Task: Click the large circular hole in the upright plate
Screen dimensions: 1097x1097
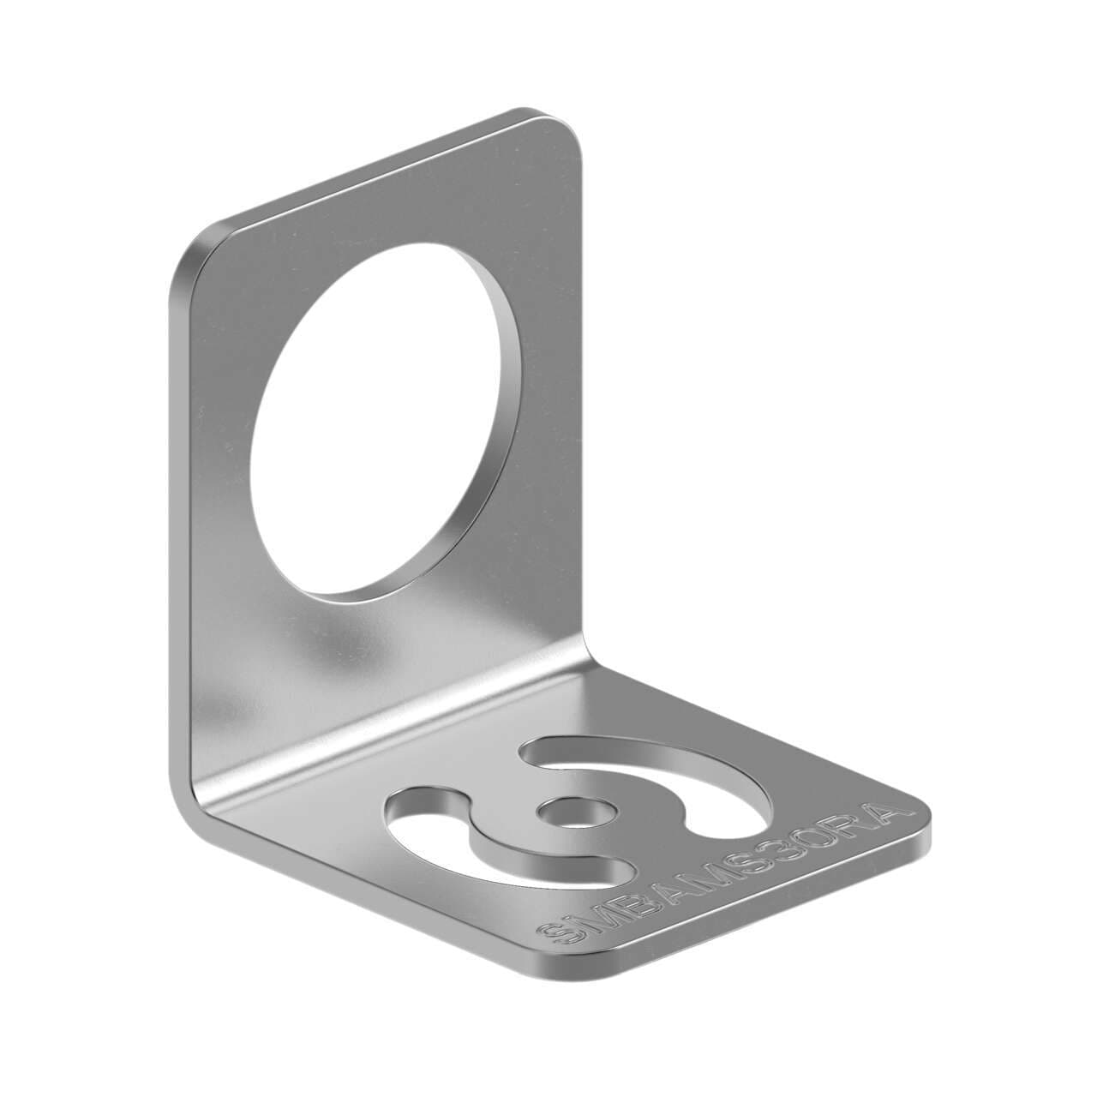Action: point(377,420)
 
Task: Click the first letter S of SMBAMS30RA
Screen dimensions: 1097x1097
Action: point(557,933)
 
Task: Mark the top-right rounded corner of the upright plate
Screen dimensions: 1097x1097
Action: point(561,129)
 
